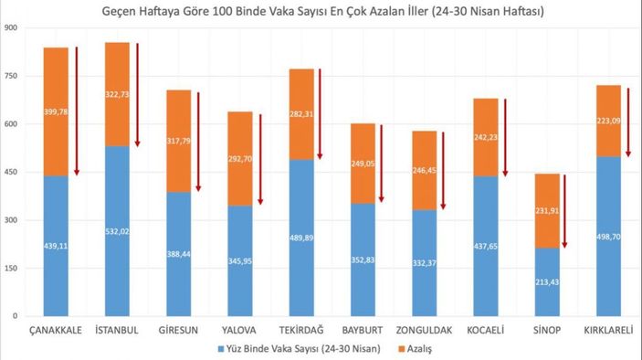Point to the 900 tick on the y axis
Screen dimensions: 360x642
pyautogui.click(x=12, y=27)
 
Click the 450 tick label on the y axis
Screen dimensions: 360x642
pyautogui.click(x=12, y=172)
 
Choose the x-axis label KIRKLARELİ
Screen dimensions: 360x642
pyautogui.click(x=610, y=329)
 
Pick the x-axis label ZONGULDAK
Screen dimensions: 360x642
pyautogui.click(x=426, y=329)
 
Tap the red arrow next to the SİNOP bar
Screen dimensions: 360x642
pyautogui.click(x=566, y=211)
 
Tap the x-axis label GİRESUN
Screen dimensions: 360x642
pyautogui.click(x=179, y=329)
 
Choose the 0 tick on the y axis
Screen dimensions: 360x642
pyautogui.click(x=16, y=316)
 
